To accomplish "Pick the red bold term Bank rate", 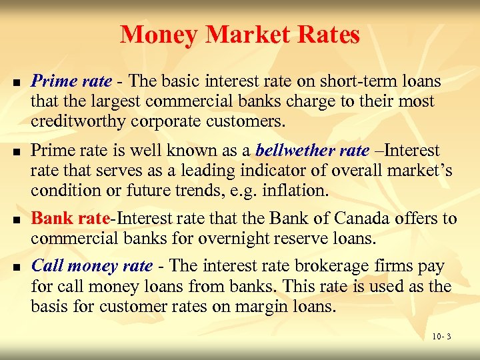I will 70,218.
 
